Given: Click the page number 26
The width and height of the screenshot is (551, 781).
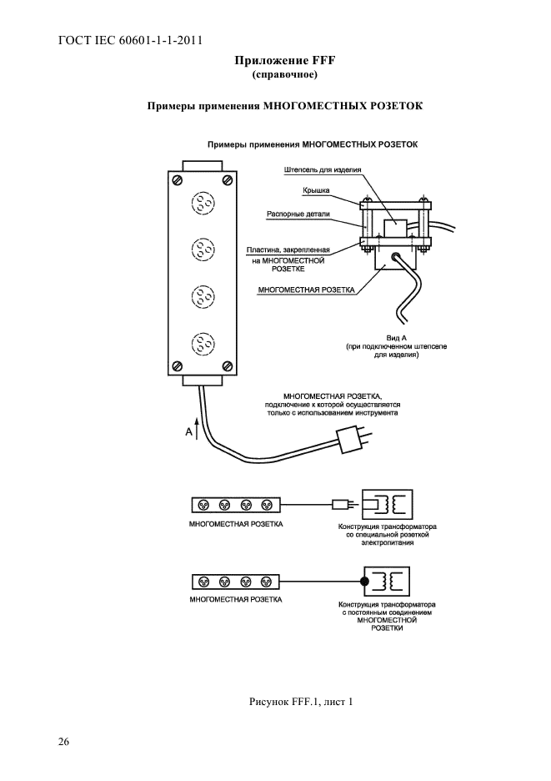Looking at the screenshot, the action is tap(63, 742).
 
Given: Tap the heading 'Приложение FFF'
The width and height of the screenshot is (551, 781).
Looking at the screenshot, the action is tap(285, 61).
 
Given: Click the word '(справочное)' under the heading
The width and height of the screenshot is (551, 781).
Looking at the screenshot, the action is tap(285, 75).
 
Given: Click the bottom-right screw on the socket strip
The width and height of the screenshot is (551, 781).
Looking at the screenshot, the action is tap(227, 366).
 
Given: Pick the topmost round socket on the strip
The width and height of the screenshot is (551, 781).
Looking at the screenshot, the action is tap(203, 203).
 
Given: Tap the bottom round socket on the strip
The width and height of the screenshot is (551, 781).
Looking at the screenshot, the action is tap(203, 343).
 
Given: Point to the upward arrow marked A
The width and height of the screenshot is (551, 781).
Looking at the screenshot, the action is tap(198, 429).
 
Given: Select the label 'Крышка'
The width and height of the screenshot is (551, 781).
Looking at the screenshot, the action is tap(316, 190).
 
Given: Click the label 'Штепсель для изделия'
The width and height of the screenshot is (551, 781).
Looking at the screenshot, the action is tap(323, 170).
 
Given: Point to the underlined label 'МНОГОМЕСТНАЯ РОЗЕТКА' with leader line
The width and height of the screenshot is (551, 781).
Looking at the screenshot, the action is tap(307, 290).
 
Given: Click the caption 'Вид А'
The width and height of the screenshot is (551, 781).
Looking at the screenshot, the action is tap(396, 338).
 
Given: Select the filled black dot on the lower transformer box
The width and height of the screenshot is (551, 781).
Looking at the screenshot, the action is tap(364, 581).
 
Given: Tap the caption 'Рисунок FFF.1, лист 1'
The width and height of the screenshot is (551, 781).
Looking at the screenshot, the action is tap(301, 703).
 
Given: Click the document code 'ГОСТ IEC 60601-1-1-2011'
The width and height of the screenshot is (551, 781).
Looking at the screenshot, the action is tap(130, 40).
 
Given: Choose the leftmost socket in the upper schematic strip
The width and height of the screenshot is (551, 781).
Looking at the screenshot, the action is tap(203, 505).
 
